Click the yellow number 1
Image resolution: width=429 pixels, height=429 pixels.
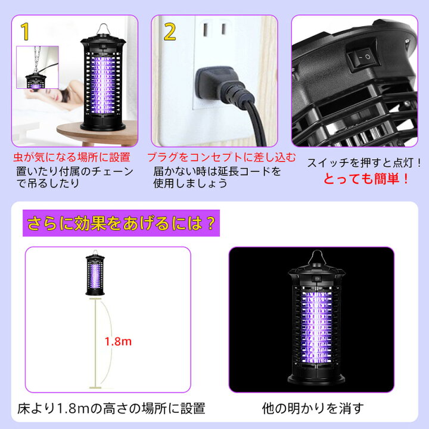pos(25,32)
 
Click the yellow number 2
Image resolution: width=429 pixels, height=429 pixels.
pos(170,32)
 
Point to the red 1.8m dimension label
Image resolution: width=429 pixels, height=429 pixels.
pos(118,341)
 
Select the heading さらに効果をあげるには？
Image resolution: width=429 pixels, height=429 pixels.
pos(121,223)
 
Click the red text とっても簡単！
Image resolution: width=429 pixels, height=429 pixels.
pos(366,179)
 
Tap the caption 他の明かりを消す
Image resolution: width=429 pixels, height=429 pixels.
pos(313,409)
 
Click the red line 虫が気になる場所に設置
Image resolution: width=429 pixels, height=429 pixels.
pos(71,157)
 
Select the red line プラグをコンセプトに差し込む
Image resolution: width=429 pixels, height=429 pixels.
pos(221,157)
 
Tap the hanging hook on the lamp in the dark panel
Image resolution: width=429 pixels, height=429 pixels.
pos(317,257)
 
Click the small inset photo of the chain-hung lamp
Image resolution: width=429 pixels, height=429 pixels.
pos(38,67)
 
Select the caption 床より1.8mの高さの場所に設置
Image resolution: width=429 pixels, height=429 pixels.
pos(111,409)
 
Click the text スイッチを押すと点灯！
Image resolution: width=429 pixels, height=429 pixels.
pos(364,163)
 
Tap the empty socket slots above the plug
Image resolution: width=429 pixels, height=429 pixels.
pos(214,29)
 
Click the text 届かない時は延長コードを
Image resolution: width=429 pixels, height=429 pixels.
pos(217,172)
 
